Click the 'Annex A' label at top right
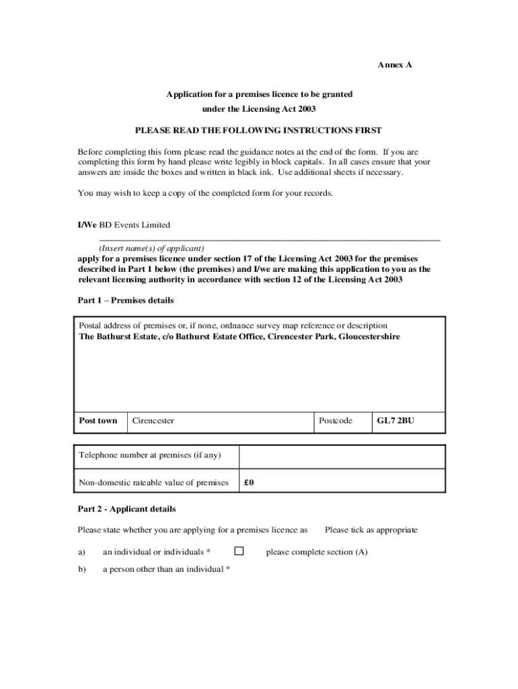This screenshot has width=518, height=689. tap(394, 65)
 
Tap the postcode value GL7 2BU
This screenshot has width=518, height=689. tap(396, 421)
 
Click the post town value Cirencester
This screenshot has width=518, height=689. tap(153, 421)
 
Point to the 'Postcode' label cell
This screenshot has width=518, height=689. tap(336, 421)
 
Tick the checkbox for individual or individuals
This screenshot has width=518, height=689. tap(239, 551)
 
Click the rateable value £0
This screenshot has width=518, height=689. tap(249, 482)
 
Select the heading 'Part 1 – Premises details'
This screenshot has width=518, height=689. tap(126, 300)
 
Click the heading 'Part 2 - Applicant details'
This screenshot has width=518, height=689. tap(127, 509)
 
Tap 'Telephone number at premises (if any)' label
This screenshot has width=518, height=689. tap(149, 455)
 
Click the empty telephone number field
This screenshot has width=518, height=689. tap(342, 456)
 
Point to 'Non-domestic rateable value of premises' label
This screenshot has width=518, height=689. tap(154, 482)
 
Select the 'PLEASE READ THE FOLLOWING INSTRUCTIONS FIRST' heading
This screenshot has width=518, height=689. tap(258, 130)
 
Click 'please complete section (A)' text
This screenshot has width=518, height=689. tap(317, 552)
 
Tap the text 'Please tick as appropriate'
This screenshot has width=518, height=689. tap(371, 530)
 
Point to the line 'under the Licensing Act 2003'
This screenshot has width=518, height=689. tap(259, 108)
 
